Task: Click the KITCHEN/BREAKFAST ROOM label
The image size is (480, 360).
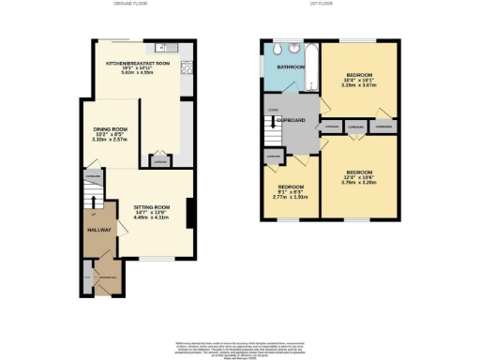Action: click(x=137, y=63)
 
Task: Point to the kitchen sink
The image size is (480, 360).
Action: click(x=161, y=46)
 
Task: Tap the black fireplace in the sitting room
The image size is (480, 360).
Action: click(x=190, y=214)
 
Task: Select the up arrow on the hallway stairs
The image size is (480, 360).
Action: click(x=94, y=200)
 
